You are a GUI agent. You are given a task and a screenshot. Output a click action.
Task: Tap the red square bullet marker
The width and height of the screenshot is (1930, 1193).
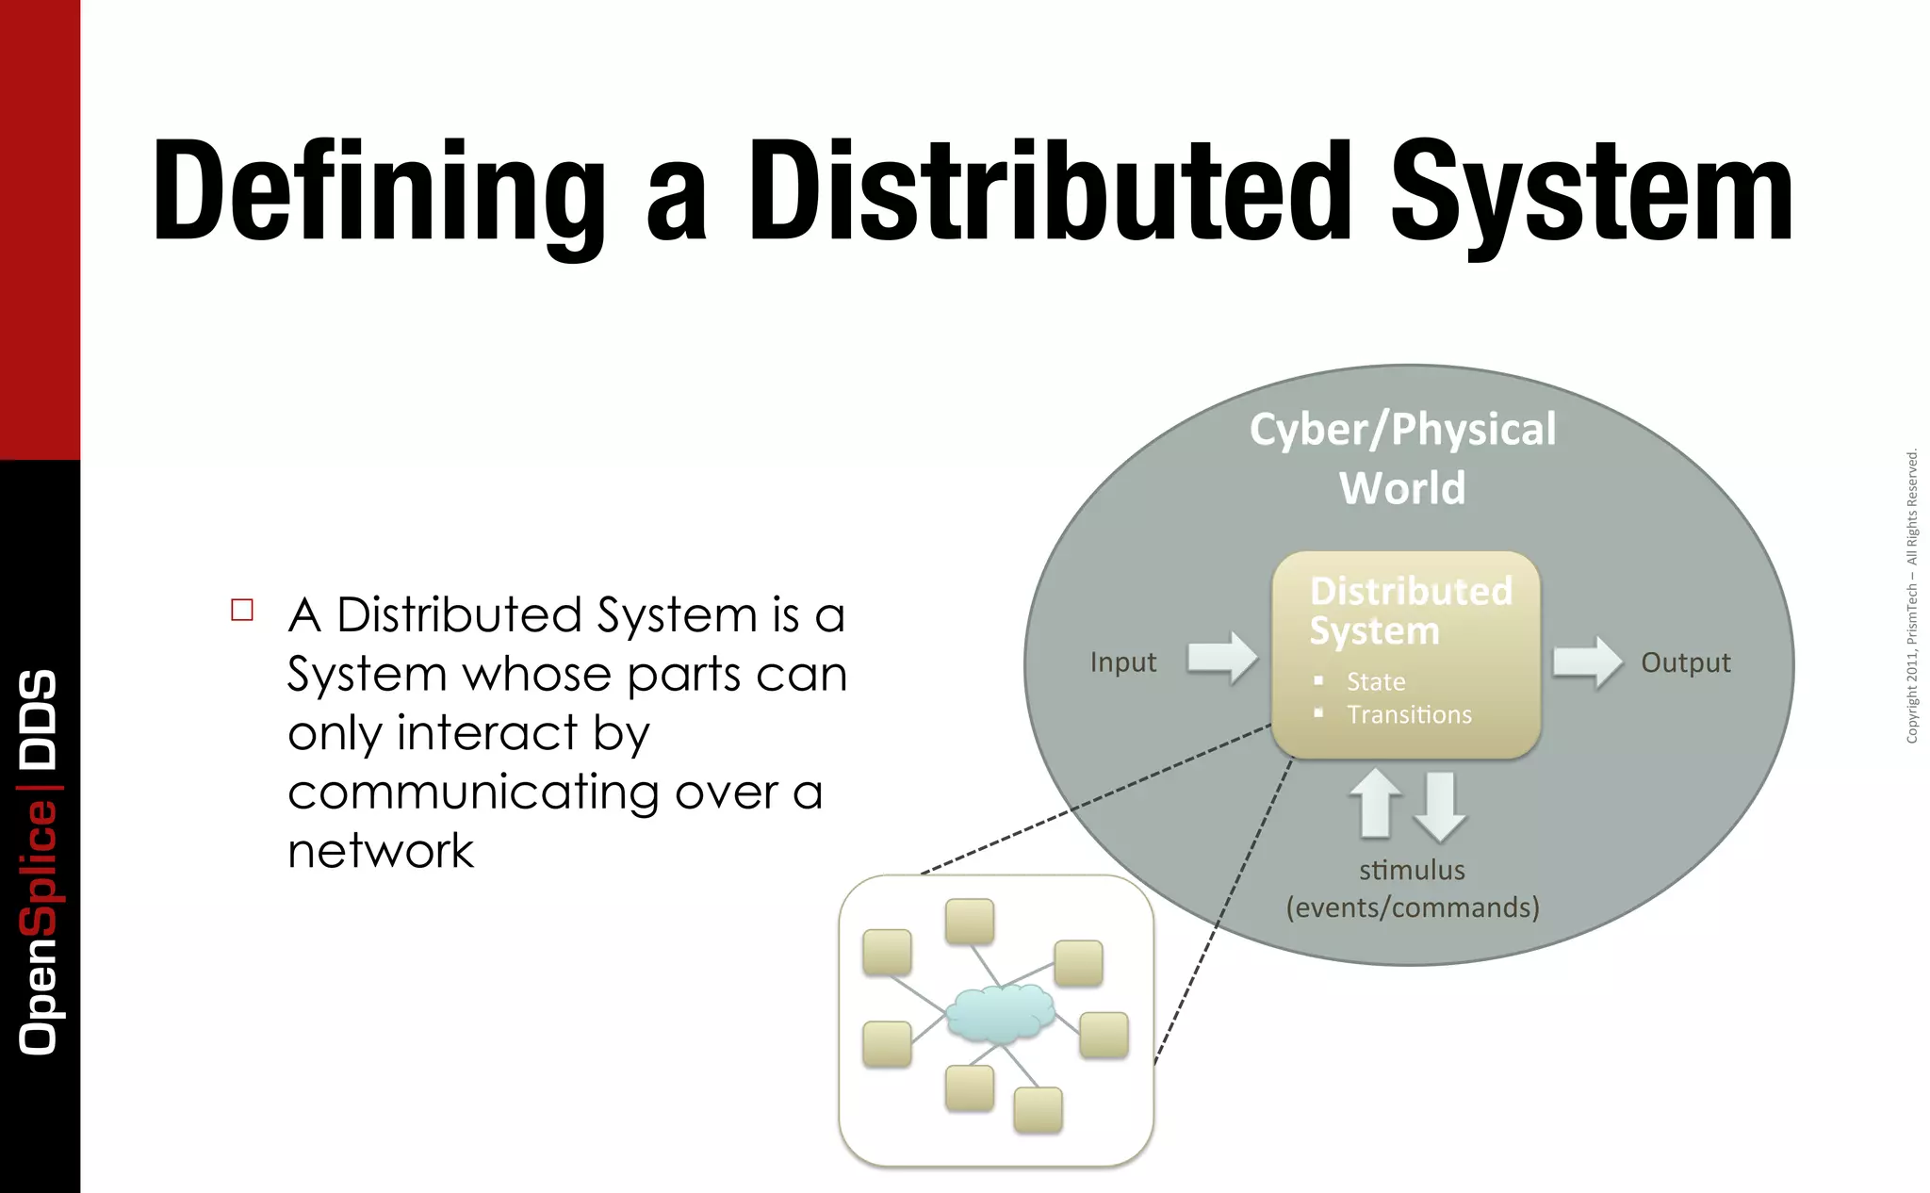242,610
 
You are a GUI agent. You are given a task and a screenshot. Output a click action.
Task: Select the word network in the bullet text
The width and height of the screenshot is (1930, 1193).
381,851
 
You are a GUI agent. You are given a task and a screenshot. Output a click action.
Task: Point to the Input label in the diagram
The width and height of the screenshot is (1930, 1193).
1122,662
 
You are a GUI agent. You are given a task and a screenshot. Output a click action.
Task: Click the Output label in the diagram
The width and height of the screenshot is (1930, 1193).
1685,662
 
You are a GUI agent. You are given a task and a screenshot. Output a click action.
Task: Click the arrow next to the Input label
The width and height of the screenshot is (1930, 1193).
1222,657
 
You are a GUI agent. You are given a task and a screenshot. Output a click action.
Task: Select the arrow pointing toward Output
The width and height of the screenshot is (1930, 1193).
1587,661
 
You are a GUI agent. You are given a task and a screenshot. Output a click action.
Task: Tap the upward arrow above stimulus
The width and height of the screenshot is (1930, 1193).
1377,803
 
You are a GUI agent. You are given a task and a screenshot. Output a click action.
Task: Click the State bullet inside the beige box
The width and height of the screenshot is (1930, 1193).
1375,681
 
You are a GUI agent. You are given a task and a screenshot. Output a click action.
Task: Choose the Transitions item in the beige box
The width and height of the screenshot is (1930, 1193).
1409,714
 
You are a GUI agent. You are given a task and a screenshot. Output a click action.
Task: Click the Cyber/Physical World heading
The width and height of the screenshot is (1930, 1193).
1402,458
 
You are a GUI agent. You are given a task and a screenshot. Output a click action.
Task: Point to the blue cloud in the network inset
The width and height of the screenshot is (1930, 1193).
1000,1013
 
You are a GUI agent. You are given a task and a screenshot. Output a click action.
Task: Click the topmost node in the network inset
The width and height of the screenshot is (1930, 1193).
970,921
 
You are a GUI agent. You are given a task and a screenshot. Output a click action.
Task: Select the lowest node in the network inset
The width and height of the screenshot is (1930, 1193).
1038,1109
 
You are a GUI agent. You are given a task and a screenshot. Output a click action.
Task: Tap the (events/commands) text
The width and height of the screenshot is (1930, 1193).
1412,907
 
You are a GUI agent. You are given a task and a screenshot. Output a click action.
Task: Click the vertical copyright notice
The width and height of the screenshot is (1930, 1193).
1911,596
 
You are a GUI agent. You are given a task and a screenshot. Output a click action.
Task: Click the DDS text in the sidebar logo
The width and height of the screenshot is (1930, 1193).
39,718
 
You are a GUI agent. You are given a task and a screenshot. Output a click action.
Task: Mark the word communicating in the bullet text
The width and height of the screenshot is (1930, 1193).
473,793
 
